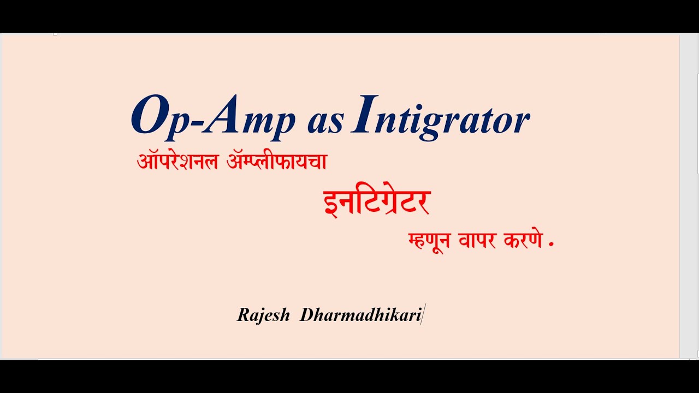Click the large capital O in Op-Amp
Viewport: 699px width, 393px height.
pos(149,116)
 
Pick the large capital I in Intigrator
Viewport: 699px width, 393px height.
pos(364,115)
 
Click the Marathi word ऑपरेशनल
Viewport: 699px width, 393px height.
pos(178,162)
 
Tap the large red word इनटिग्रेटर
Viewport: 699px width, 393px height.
pos(377,202)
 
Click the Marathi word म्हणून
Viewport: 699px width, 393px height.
pos(429,241)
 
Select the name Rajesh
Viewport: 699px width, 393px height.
pos(263,315)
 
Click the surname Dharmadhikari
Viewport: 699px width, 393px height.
pos(360,315)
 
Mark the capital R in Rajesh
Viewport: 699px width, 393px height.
pos(242,315)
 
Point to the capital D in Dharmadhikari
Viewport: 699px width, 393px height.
pos(306,315)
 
